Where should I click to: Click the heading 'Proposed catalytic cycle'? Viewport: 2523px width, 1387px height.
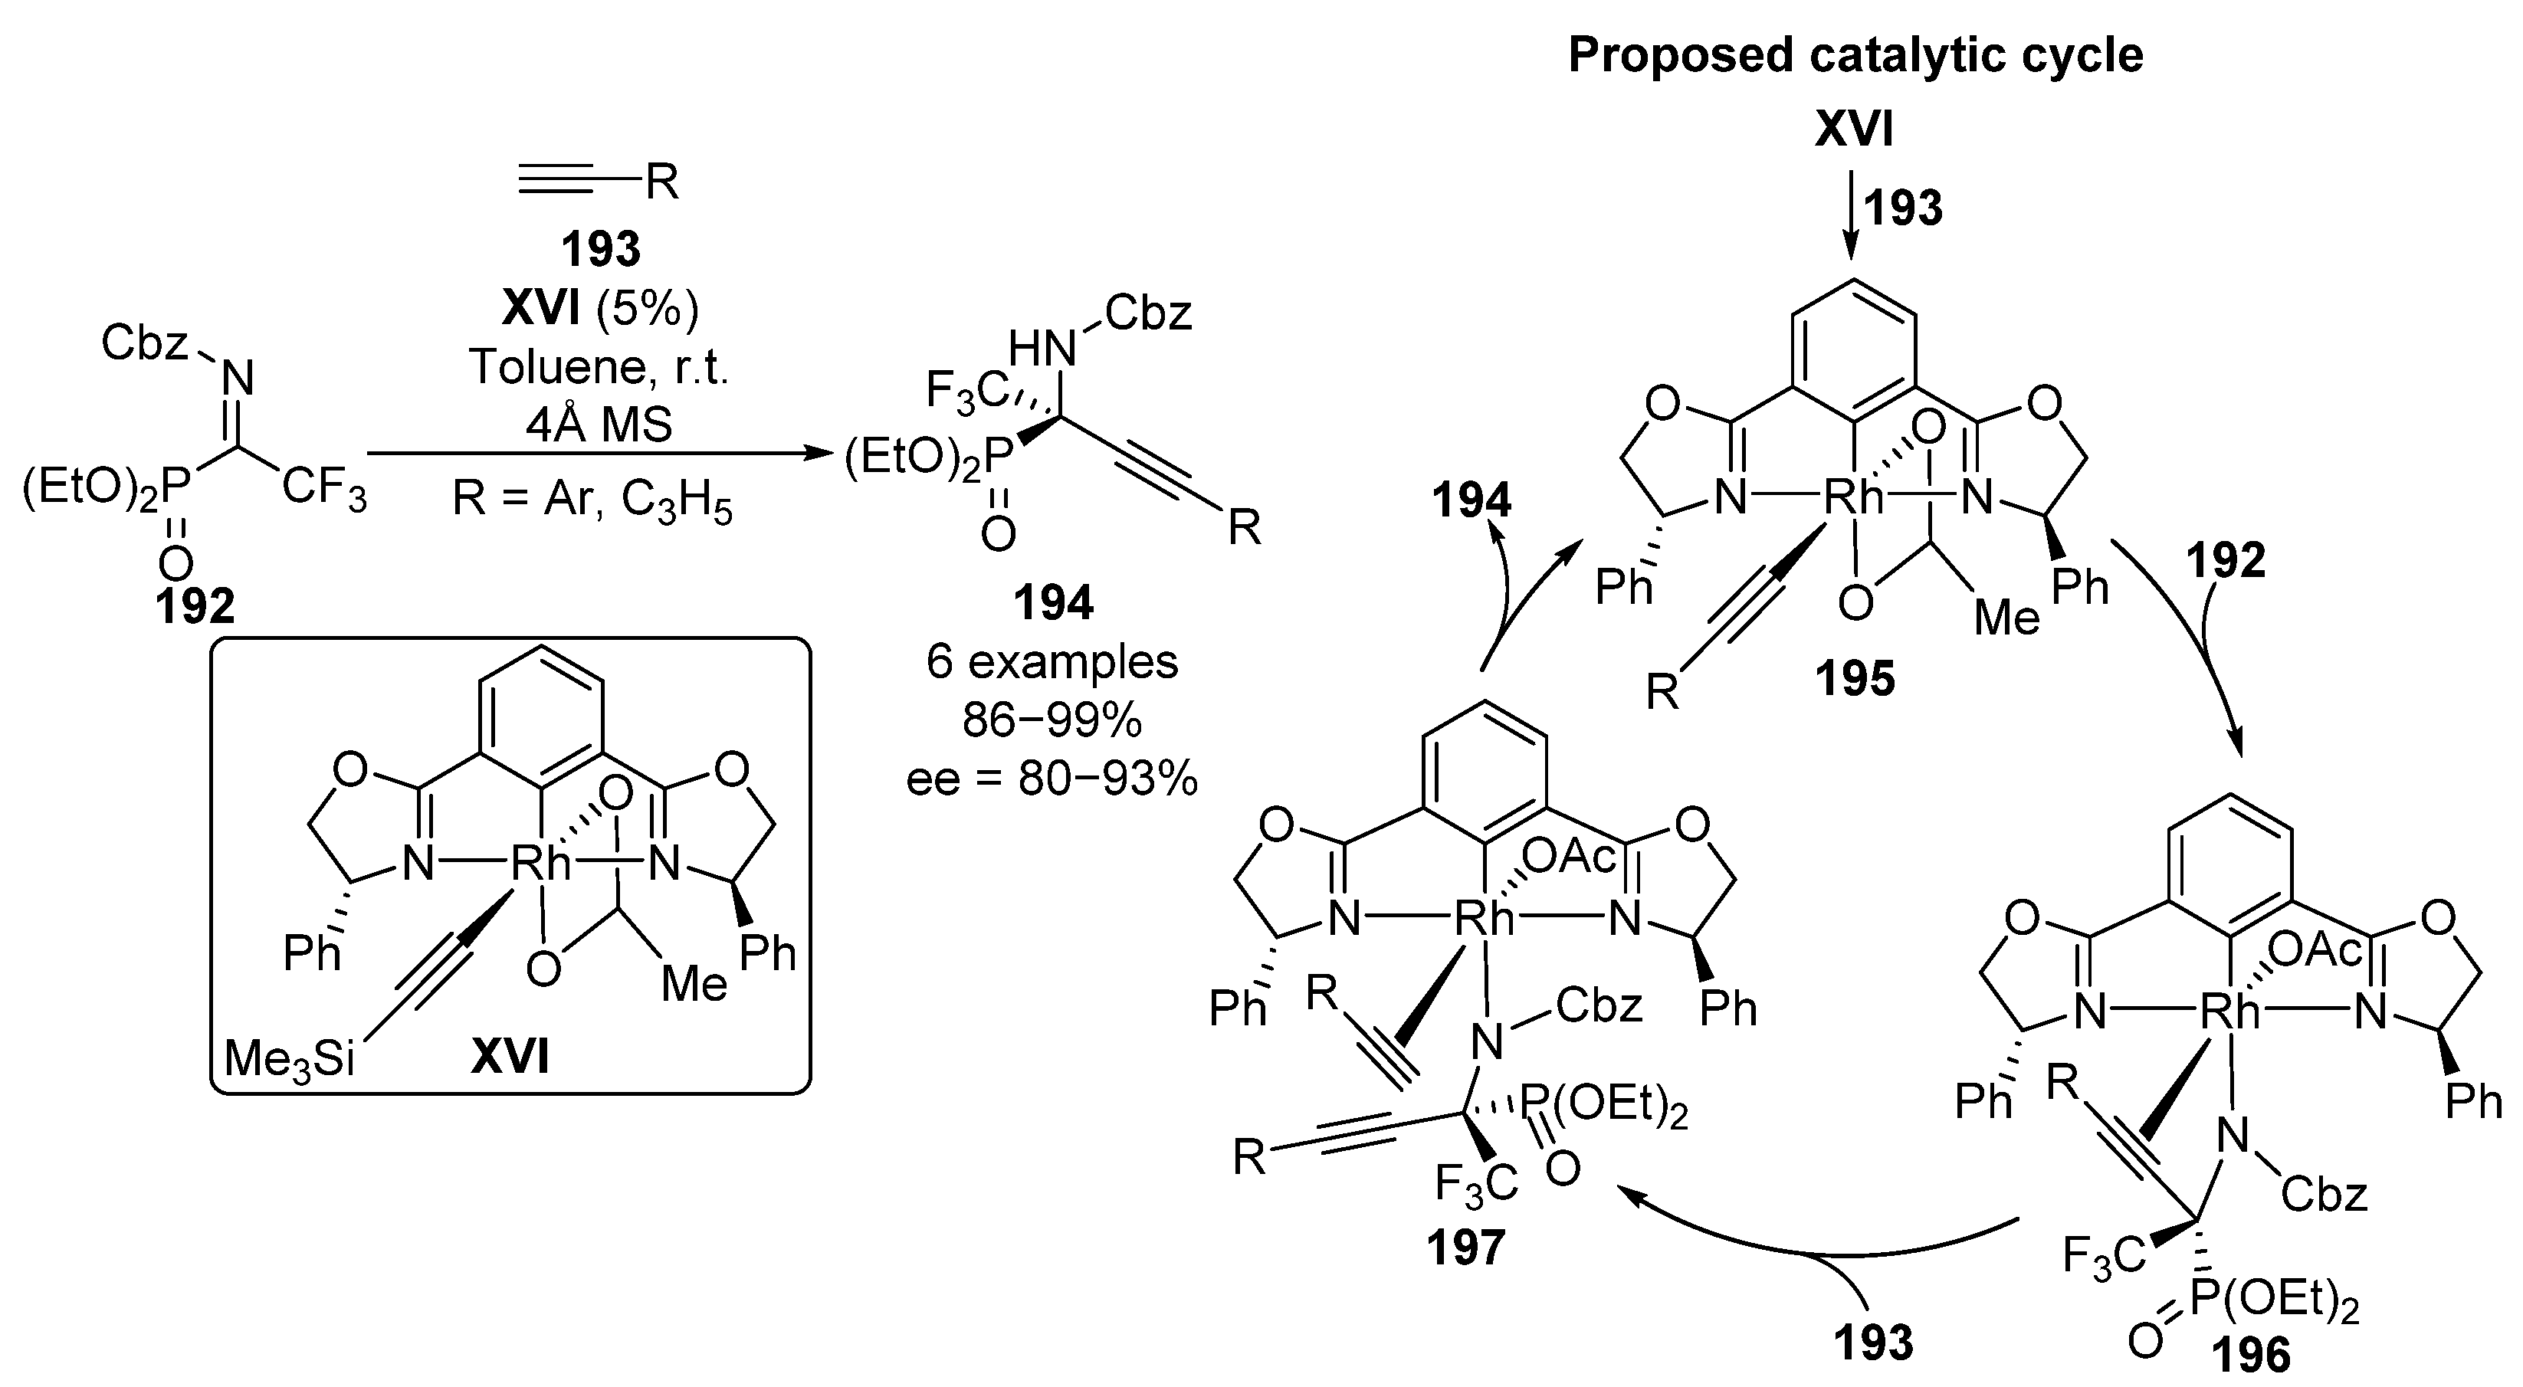coord(1855,55)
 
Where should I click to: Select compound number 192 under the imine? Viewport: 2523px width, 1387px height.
coord(195,608)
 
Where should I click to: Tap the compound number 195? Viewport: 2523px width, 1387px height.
coord(1854,678)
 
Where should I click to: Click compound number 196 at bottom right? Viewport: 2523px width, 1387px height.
coord(2249,1356)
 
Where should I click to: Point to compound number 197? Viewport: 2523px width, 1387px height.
coord(1465,1247)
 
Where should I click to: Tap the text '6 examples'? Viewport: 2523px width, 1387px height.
coord(1052,662)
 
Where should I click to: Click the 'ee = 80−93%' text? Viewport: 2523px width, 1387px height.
coord(1052,779)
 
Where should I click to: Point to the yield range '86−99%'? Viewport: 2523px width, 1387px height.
coord(1052,721)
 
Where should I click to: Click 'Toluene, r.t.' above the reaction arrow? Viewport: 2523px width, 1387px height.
coord(599,367)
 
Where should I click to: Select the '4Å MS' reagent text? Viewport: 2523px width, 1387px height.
coord(599,425)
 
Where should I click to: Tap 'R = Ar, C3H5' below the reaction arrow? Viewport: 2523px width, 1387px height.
coord(592,501)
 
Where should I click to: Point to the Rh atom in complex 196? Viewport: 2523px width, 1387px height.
coord(2230,1012)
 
